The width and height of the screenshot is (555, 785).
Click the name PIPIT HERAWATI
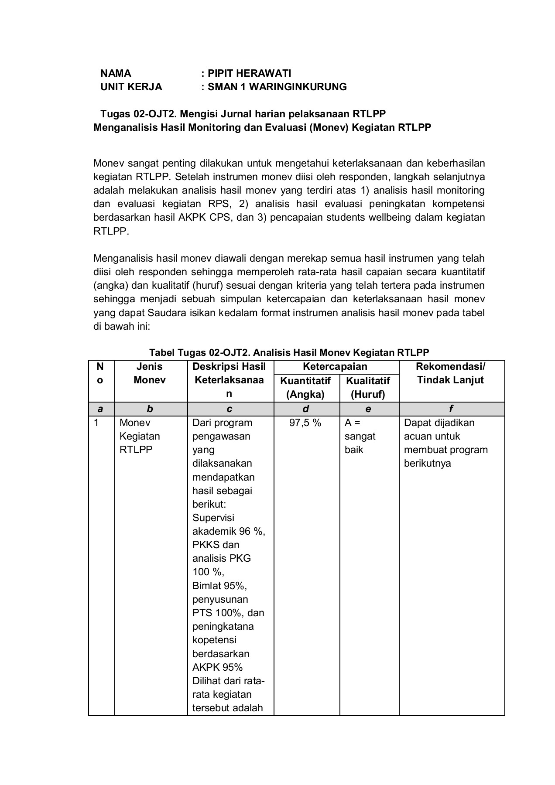249,73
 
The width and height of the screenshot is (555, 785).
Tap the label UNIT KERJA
131,87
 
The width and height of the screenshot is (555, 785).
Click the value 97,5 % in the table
305,423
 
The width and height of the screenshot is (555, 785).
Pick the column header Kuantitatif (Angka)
305,387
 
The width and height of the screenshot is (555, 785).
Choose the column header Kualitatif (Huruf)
368,387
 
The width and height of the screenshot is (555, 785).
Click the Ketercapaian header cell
335,366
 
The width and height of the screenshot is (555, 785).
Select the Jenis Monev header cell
150,373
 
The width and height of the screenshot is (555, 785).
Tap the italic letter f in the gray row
451,409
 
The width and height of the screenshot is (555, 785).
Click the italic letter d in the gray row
305,409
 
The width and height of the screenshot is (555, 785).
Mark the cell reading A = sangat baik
360,436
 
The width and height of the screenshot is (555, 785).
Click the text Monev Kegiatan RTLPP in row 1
139,436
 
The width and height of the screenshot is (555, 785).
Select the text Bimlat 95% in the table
216,585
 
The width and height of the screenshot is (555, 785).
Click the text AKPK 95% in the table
217,667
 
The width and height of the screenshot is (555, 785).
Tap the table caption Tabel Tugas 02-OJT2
289,352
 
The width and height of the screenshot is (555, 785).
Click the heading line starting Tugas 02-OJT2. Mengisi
243,114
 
